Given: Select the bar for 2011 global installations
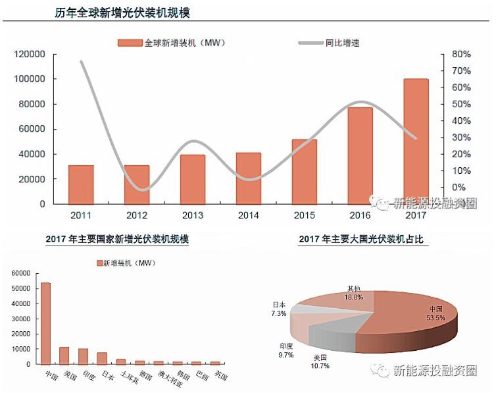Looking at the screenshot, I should (81, 184).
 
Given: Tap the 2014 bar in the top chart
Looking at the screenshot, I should (248, 178).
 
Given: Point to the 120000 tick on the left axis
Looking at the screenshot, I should (30, 54).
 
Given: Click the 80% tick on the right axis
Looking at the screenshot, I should (461, 54).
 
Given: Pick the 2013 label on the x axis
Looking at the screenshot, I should (193, 215).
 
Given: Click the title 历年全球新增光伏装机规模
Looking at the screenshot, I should (122, 13).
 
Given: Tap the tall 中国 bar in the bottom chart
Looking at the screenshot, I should (46, 323).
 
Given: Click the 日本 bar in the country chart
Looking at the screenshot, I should (102, 358).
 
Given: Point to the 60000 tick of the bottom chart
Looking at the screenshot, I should (22, 273).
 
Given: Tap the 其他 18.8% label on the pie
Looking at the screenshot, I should (354, 293).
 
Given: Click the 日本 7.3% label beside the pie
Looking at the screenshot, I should (279, 309).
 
